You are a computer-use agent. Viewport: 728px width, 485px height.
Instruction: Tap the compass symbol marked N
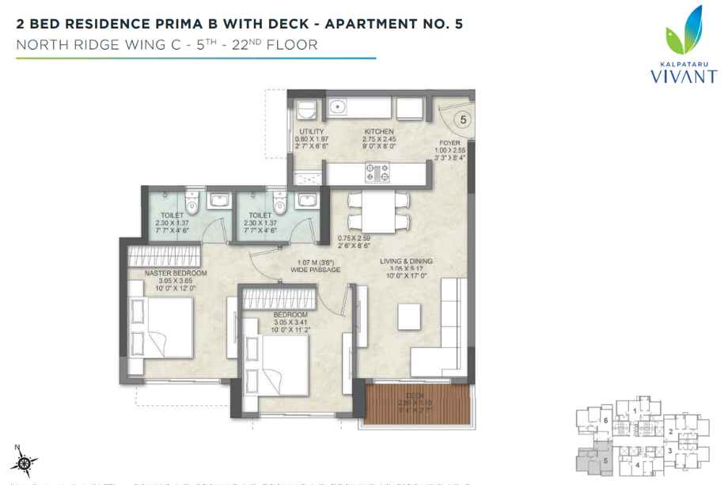[x=25, y=460]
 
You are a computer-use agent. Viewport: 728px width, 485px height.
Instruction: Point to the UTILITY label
[x=309, y=132]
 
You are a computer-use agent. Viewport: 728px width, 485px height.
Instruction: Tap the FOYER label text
[x=450, y=143]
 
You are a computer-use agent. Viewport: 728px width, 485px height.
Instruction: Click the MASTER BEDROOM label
[x=176, y=273]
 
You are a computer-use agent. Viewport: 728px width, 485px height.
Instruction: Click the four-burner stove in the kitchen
[x=374, y=171]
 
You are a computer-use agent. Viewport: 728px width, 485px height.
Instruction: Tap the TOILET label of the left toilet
[x=171, y=214]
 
